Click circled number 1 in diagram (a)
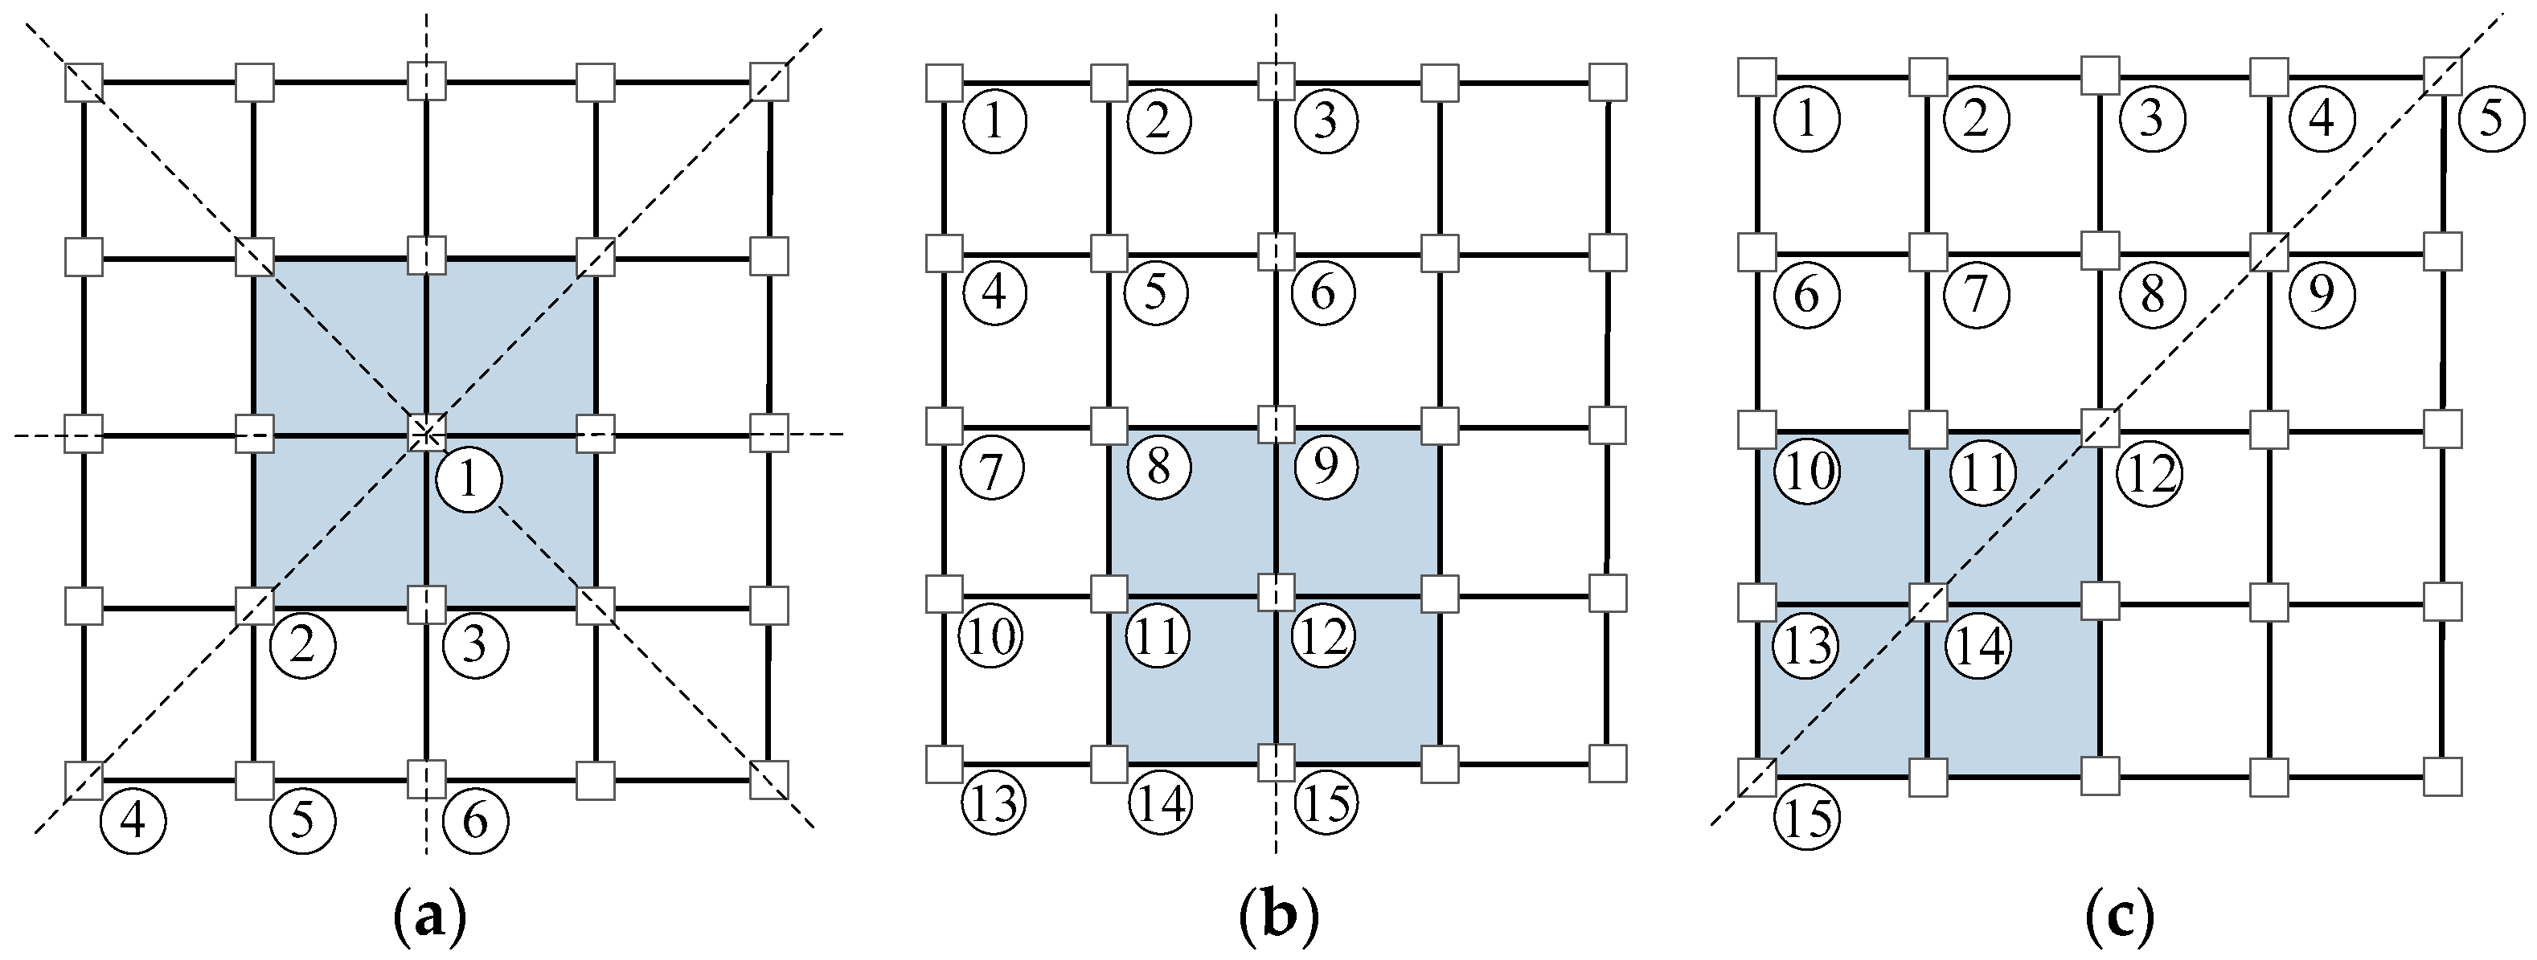coord(469,480)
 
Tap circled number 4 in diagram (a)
coord(133,819)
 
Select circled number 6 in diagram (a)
coord(476,819)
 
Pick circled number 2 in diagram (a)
coord(302,647)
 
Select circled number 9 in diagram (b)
coord(1326,465)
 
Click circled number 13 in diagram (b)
coord(994,803)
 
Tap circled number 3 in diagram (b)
coord(1326,122)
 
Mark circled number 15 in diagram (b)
coord(1326,803)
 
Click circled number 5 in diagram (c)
coord(2490,121)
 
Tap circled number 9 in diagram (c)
coord(2322,293)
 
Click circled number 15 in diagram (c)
coord(1807,819)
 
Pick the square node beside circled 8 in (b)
coord(1110,427)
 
